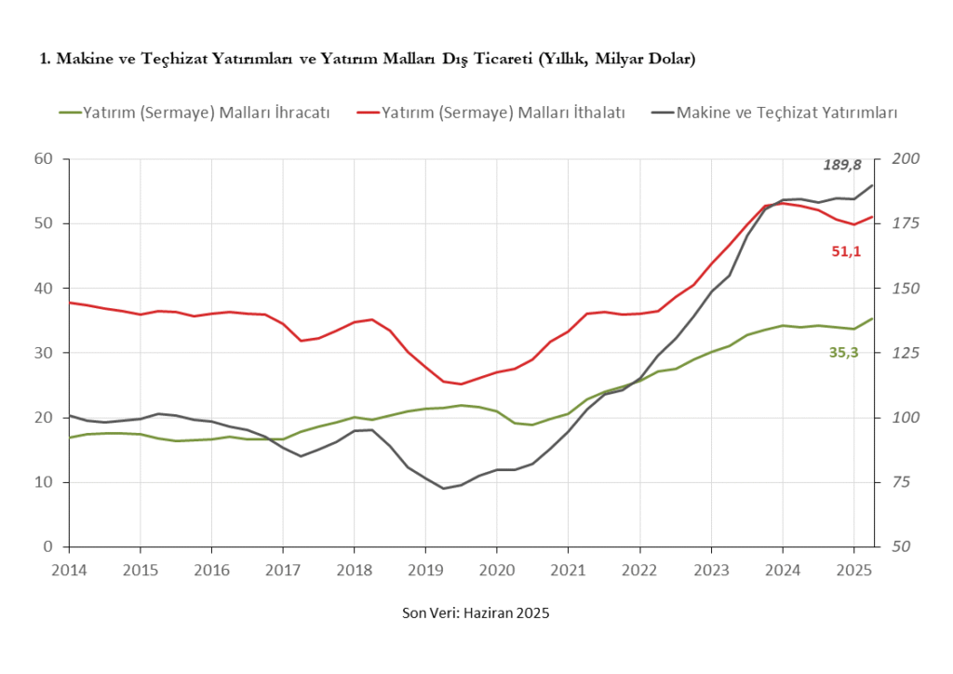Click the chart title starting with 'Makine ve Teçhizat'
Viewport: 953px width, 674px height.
click(368, 60)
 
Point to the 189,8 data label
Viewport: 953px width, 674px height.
click(841, 165)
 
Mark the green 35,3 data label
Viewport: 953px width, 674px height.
click(844, 351)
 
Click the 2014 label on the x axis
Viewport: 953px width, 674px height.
click(69, 569)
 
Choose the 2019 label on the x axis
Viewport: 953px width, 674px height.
click(425, 569)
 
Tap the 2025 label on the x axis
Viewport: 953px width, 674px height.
click(853, 569)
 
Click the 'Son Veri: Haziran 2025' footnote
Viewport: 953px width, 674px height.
click(476, 613)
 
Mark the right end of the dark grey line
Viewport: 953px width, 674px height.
click(873, 184)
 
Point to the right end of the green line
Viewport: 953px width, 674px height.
click(873, 318)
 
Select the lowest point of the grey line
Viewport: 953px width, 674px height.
click(444, 488)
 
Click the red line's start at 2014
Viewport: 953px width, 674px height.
click(70, 302)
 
